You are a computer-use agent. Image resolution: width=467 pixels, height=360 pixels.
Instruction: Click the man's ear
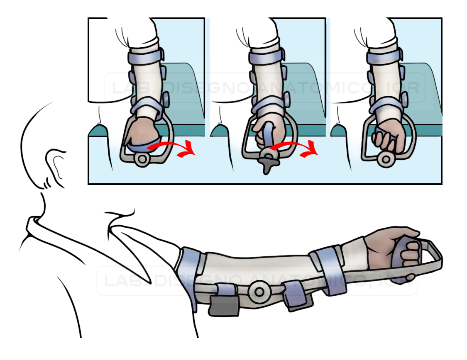coord(54,167)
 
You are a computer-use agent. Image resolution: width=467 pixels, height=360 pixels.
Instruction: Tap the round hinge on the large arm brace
coord(259,292)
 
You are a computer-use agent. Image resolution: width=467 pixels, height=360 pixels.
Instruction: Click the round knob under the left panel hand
coord(142,159)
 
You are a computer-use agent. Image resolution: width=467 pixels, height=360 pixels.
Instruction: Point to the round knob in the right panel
coord(386,159)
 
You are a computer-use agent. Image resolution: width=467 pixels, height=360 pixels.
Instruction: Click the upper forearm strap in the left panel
coord(146,56)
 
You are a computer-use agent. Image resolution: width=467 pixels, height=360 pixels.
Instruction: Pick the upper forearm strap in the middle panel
coord(267,56)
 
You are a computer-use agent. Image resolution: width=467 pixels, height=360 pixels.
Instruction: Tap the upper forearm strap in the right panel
coord(384,56)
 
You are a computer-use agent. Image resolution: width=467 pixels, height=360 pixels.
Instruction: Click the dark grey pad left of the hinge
coord(224,305)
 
